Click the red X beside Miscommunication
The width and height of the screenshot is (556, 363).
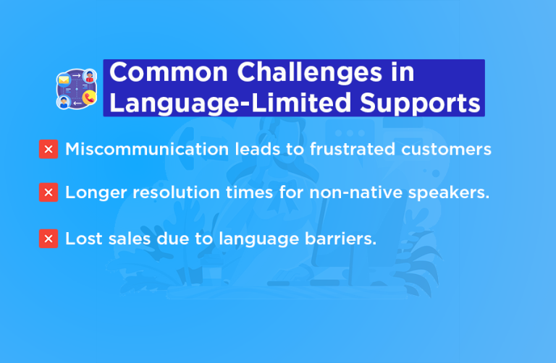[x=49, y=150]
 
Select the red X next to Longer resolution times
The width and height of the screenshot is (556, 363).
[x=49, y=193]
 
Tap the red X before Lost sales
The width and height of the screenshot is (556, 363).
[x=49, y=239]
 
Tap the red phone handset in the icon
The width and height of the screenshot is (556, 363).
[x=89, y=99]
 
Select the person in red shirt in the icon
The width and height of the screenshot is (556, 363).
[x=90, y=76]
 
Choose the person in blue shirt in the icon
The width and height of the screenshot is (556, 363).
[x=64, y=101]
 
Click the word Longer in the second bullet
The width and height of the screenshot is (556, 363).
[x=91, y=193]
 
